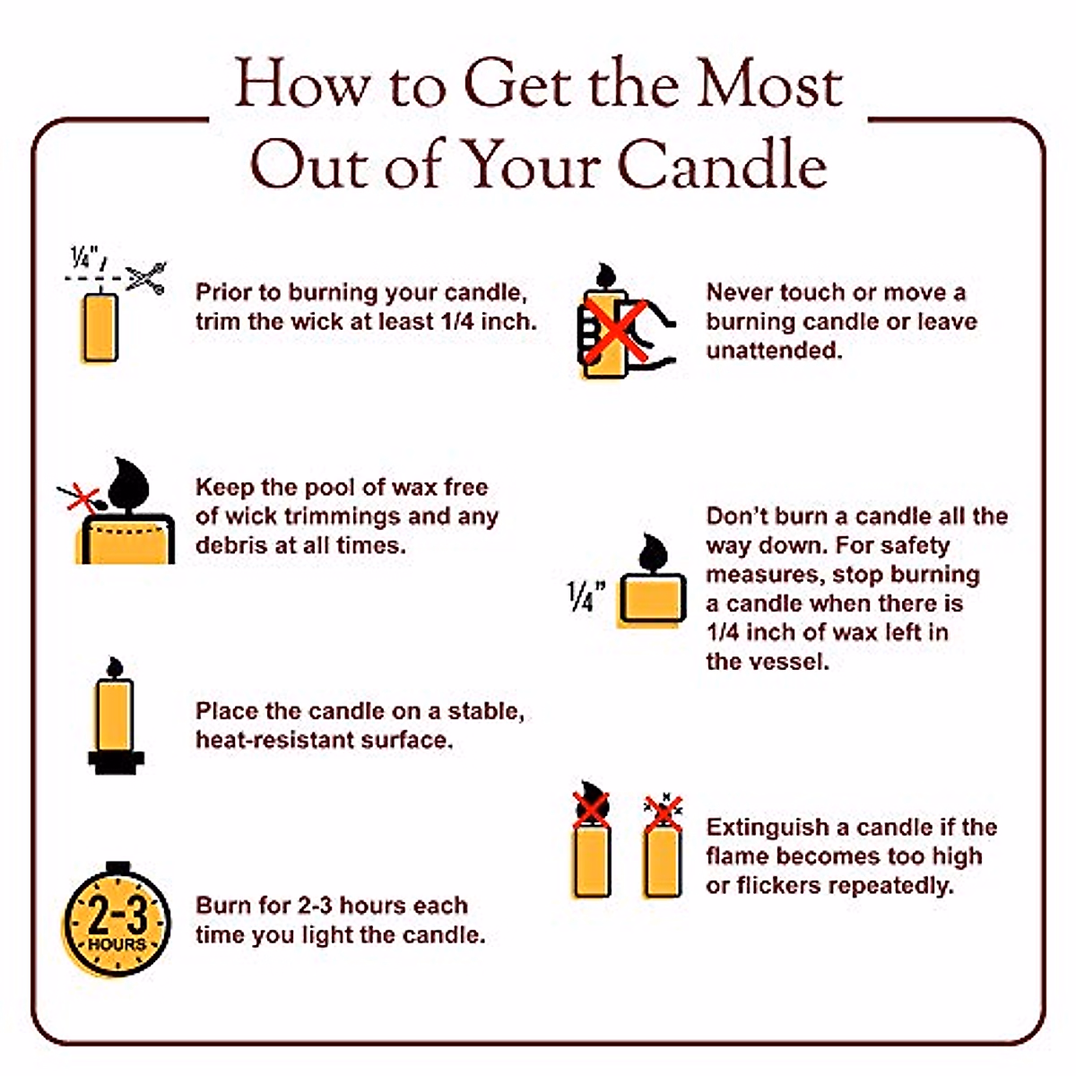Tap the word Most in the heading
point(769,85)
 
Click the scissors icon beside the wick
point(145,277)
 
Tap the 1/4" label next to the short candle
point(586,595)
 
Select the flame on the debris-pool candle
point(127,483)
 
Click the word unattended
point(774,351)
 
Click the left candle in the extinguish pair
point(591,858)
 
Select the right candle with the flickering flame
point(663,858)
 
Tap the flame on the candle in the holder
point(115,666)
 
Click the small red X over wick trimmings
point(82,497)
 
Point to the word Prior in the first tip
point(223,292)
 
